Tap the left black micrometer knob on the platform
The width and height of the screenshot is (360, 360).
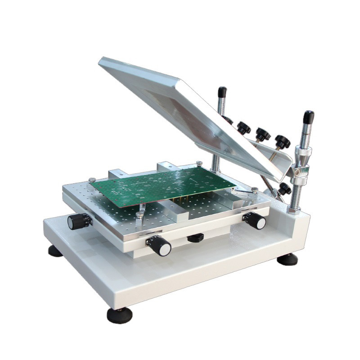pyautogui.click(x=77, y=221)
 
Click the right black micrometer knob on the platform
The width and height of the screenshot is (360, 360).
pyautogui.click(x=256, y=220)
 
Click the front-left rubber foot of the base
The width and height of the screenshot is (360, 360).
pyautogui.click(x=119, y=315)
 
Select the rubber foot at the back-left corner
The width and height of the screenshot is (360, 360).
pyautogui.click(x=55, y=251)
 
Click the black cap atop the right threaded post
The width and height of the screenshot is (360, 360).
pyautogui.click(x=308, y=117)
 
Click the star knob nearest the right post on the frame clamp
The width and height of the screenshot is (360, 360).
pyautogui.click(x=283, y=141)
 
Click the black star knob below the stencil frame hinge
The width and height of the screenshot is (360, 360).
pyautogui.click(x=283, y=189)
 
